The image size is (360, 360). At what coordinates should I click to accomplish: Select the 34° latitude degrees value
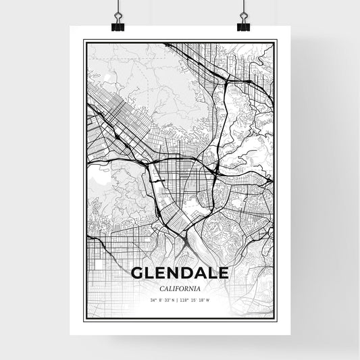155,301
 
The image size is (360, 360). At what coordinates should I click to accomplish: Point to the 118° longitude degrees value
185,301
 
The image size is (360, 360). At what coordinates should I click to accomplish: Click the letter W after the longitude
207,301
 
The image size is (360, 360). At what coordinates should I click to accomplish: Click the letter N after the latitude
173,301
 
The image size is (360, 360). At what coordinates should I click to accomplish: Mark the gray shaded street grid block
122,108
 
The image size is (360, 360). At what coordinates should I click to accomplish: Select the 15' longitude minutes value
194,301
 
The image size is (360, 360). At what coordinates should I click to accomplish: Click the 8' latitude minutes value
161,301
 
